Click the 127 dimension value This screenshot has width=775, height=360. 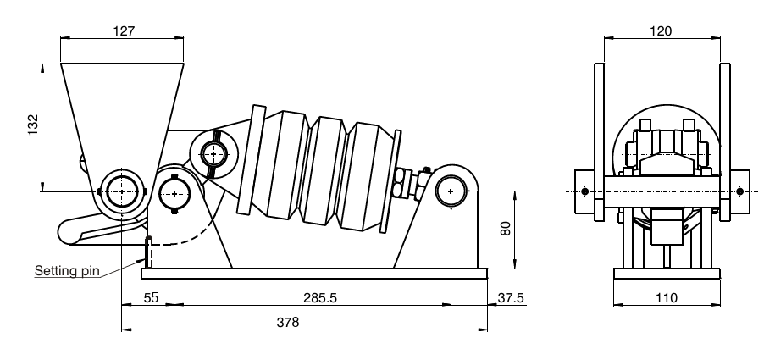tap(124, 30)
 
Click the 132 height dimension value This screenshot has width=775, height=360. tap(33, 125)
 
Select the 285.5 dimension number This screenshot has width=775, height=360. tap(320, 297)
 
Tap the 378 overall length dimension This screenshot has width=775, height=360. tap(288, 323)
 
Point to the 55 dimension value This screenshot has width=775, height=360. tap(151, 297)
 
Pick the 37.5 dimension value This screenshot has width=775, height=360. tap(511, 297)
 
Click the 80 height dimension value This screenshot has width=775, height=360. tap(505, 228)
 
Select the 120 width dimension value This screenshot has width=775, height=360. tap(661, 30)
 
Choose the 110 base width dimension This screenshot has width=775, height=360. tap(667, 297)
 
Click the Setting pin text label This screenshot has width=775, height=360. tap(67, 270)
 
